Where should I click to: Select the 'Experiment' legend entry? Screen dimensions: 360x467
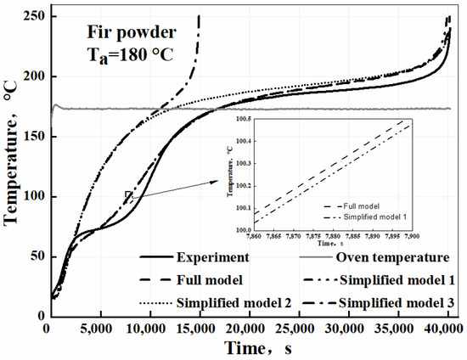(209, 257)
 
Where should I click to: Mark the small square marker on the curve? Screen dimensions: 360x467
(128, 195)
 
